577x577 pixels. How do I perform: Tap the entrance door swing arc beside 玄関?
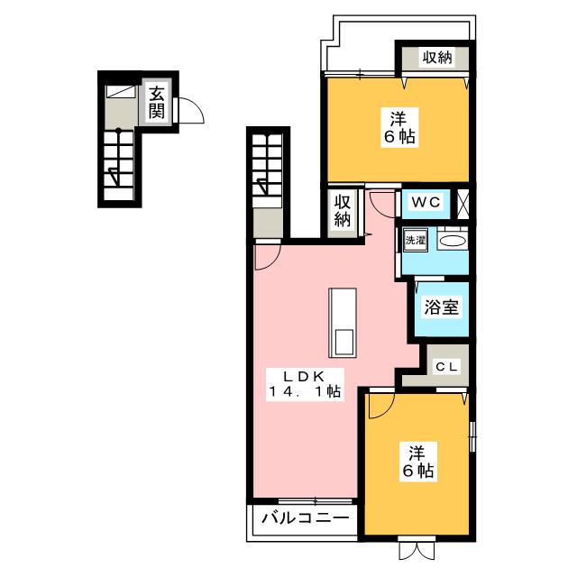[190, 112]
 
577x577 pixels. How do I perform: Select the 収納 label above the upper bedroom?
[436, 59]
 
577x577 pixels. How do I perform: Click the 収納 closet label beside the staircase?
[343, 210]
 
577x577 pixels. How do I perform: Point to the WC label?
[426, 203]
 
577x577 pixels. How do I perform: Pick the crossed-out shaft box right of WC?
[463, 202]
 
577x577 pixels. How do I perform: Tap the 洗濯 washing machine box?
[414, 242]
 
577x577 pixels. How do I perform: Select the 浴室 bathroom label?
[442, 307]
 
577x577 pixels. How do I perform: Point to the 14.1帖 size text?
[303, 391]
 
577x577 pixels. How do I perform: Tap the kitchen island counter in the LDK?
[343, 323]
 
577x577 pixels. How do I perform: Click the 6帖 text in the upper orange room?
[398, 138]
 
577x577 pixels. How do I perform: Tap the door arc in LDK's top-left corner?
[266, 258]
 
